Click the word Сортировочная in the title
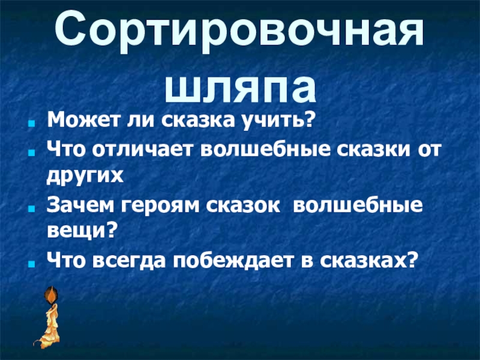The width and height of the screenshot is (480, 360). tap(240, 34)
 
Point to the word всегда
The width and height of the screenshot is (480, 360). tap(130, 259)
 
